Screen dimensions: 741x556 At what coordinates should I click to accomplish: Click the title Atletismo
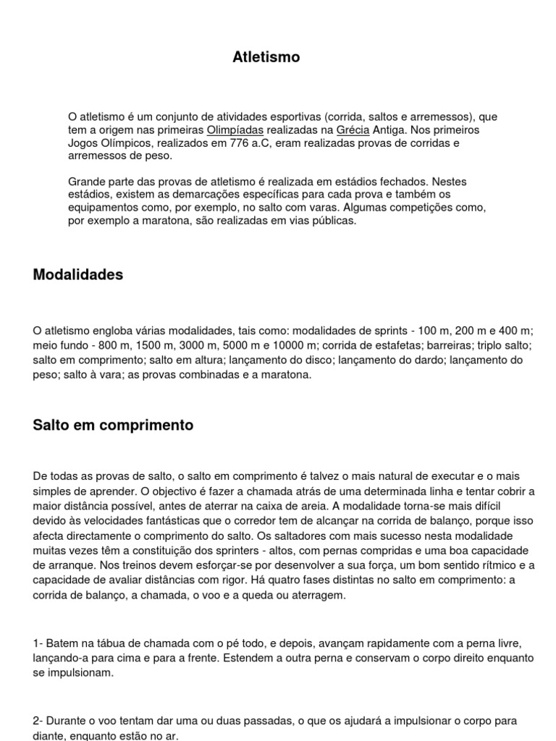(x=266, y=57)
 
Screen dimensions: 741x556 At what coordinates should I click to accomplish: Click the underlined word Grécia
(x=353, y=130)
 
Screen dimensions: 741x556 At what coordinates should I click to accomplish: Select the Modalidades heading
(x=78, y=275)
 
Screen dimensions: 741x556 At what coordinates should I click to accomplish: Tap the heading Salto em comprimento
(x=113, y=425)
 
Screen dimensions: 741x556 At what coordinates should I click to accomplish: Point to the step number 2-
(x=39, y=721)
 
